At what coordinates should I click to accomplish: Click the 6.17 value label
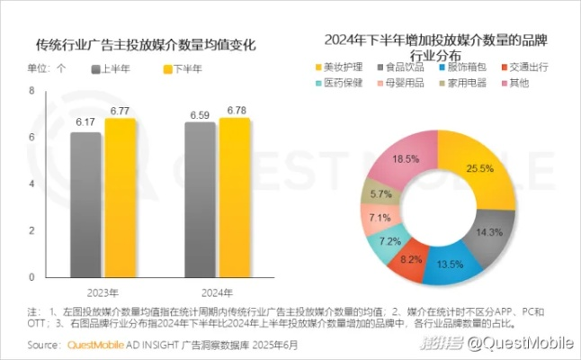[x=85, y=121]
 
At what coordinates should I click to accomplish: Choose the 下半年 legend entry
[x=180, y=67]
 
